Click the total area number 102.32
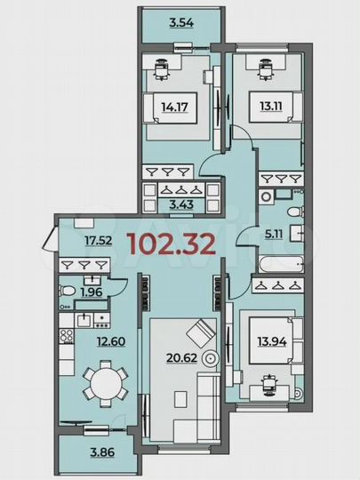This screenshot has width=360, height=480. pos(172,244)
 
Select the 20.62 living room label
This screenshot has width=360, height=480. pos(180,359)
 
